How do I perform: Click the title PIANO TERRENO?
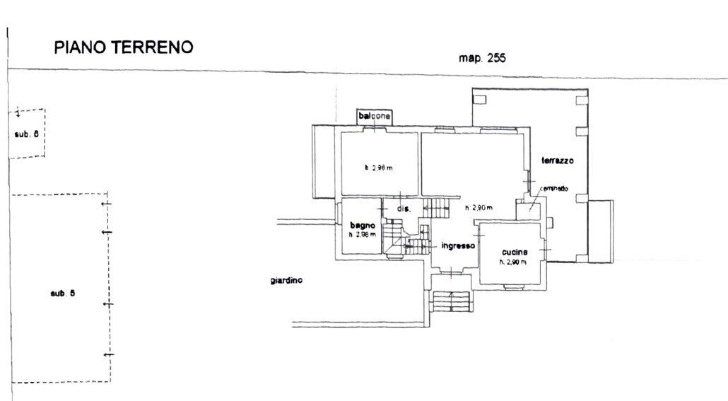pos(124,47)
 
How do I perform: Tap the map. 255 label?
pos(482,59)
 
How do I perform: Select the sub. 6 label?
pos(25,134)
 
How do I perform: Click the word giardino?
pos(286,281)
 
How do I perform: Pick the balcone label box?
pos(374,116)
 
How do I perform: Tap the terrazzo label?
pos(557,161)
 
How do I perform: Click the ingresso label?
pos(457,246)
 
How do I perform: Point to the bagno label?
pos(360,225)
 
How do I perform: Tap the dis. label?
pos(404,209)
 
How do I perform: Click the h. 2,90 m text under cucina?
pos(514,262)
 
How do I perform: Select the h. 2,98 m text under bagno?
pos(361,234)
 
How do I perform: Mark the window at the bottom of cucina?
pos(514,285)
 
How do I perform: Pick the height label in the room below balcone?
pos(379,168)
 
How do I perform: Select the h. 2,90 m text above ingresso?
pos(479,208)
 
